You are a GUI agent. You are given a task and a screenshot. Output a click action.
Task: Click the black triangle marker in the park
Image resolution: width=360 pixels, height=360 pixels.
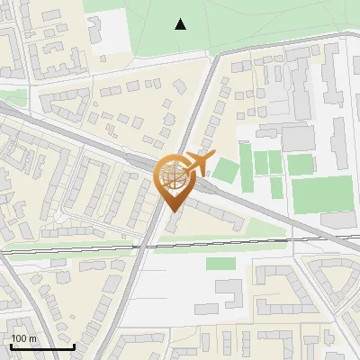coord(181,24)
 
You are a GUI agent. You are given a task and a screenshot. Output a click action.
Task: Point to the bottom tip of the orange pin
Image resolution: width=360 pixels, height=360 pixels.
coord(173,212)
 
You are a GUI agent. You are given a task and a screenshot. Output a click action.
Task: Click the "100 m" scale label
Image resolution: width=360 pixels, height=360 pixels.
coord(24,338)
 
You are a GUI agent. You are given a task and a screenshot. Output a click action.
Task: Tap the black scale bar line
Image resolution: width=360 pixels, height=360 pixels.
coord(42,346)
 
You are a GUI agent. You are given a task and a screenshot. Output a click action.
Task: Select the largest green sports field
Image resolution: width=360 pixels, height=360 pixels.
coord(322,194)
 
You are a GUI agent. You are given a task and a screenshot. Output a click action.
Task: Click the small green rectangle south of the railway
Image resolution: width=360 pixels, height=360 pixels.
coord(220,264)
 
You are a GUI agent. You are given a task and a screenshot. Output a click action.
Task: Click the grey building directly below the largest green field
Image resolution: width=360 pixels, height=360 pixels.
coord(337,220)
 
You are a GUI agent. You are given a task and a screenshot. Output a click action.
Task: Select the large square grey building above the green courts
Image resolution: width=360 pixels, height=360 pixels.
coord(298,138)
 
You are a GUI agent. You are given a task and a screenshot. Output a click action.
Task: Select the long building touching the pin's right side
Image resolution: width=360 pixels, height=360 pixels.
coord(216,215)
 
